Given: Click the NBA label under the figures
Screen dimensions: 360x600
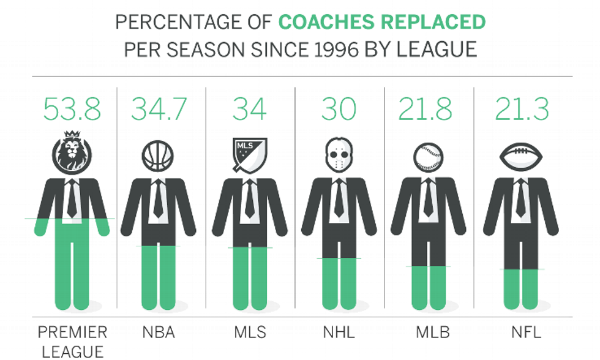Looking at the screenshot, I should pos(159,333).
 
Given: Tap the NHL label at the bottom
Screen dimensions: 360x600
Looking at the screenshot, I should pos(339,333).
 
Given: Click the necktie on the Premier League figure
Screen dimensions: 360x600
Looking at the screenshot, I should pos(72,199).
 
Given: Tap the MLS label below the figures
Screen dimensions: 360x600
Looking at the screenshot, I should pos(250,333).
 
